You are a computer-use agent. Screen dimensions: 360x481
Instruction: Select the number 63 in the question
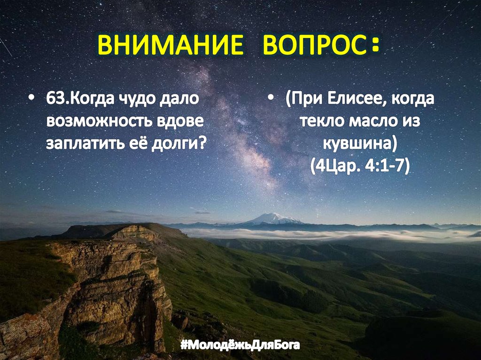click(x=54, y=100)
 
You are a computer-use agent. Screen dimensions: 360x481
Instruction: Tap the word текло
click(x=322, y=121)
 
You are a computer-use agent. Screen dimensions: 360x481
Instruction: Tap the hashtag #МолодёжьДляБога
click(x=240, y=347)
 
